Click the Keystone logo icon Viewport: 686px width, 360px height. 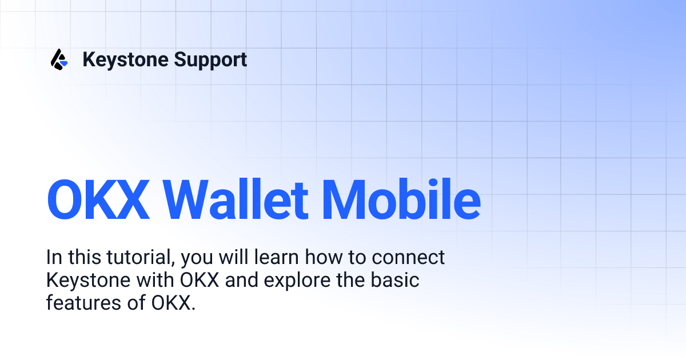[x=59, y=59]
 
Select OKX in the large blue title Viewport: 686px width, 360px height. [x=98, y=201]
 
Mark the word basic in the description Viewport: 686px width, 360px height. [x=398, y=281]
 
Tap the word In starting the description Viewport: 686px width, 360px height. [x=53, y=258]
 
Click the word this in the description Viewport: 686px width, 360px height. [x=85, y=258]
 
